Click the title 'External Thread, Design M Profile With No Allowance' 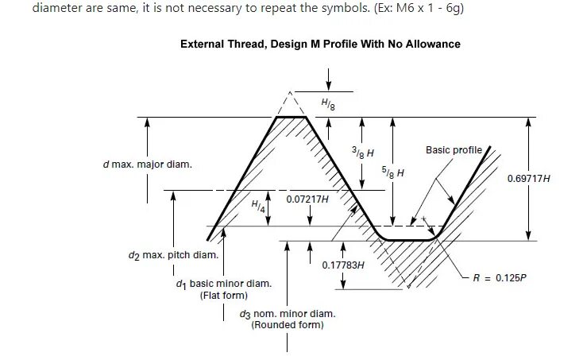[320, 44]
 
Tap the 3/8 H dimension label [363, 151]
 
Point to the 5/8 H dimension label [393, 172]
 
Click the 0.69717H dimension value [528, 179]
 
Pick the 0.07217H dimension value [307, 198]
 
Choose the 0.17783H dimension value [343, 265]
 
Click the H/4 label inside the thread [258, 206]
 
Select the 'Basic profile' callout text [454, 149]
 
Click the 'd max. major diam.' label [147, 165]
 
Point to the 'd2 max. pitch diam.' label [173, 255]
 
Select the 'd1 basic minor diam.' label [223, 284]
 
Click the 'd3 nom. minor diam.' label [287, 314]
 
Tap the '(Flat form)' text [218, 296]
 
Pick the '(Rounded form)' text [288, 325]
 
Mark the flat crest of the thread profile [291, 117]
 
